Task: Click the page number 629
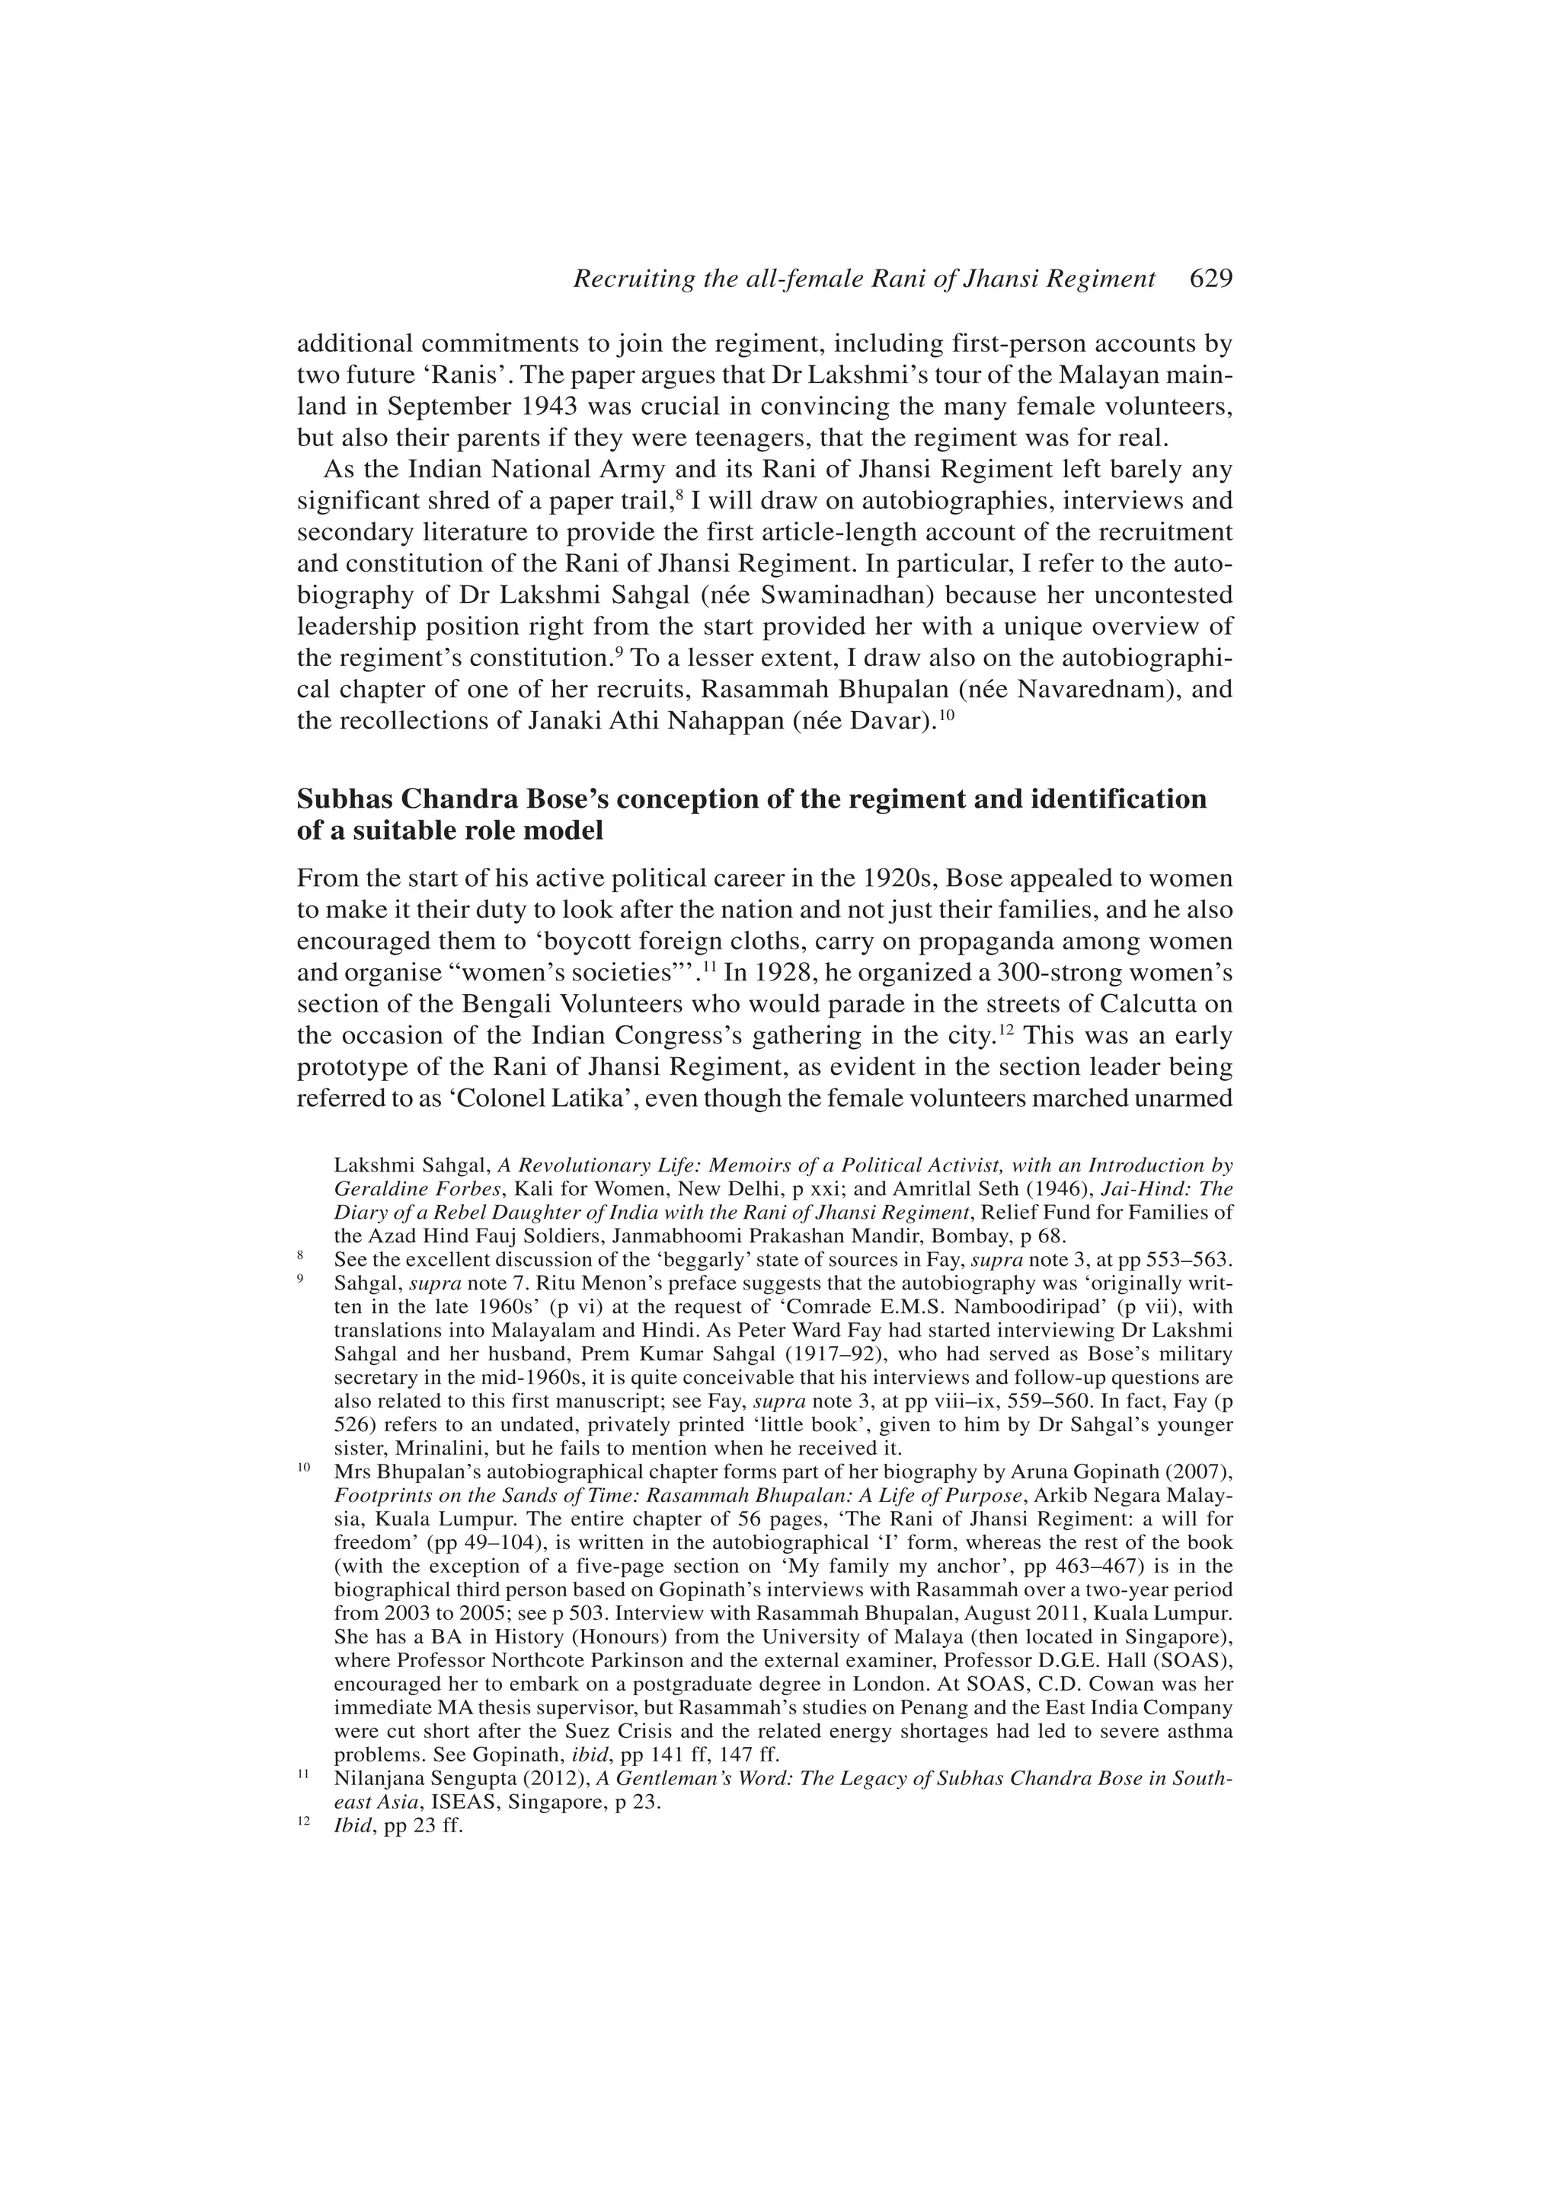click(x=1210, y=279)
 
